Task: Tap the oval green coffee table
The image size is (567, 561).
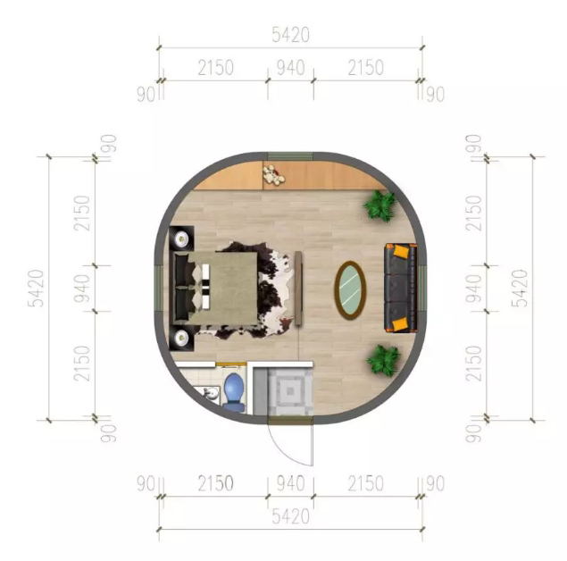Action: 350,290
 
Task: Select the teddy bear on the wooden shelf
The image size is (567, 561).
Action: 273,175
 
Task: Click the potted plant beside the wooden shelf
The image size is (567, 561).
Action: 379,205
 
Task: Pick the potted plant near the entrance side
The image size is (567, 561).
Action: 383,360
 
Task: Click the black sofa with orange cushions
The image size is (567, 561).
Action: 400,289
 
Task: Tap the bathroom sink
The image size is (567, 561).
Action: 211,393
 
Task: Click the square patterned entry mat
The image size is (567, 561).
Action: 290,391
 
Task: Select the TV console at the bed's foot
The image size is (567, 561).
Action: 298,289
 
